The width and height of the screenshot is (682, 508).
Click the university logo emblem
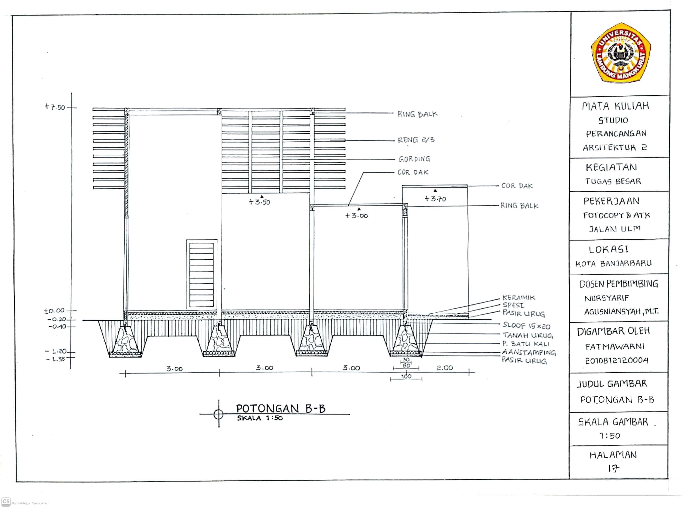coord(620,53)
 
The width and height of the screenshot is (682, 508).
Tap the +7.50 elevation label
coord(55,107)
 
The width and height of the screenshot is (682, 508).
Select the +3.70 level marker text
coord(435,199)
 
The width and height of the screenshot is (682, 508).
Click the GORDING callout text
coord(414,159)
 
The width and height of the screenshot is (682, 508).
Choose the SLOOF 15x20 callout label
coord(526,326)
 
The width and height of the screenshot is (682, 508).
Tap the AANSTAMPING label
coord(529,352)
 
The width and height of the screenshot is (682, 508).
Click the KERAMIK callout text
coord(519,297)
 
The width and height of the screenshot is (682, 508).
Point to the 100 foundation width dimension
coord(406,376)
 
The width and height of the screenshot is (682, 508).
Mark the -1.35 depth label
coord(56,359)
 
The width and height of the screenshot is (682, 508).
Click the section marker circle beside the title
coord(219,414)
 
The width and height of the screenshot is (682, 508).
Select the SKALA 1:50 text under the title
coord(260,418)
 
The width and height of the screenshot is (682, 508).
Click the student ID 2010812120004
coord(616,360)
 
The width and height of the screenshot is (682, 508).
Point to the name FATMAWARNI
coord(615,347)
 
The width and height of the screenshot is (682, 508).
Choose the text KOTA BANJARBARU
coord(613,263)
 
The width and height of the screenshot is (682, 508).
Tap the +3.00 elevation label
coord(356,216)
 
